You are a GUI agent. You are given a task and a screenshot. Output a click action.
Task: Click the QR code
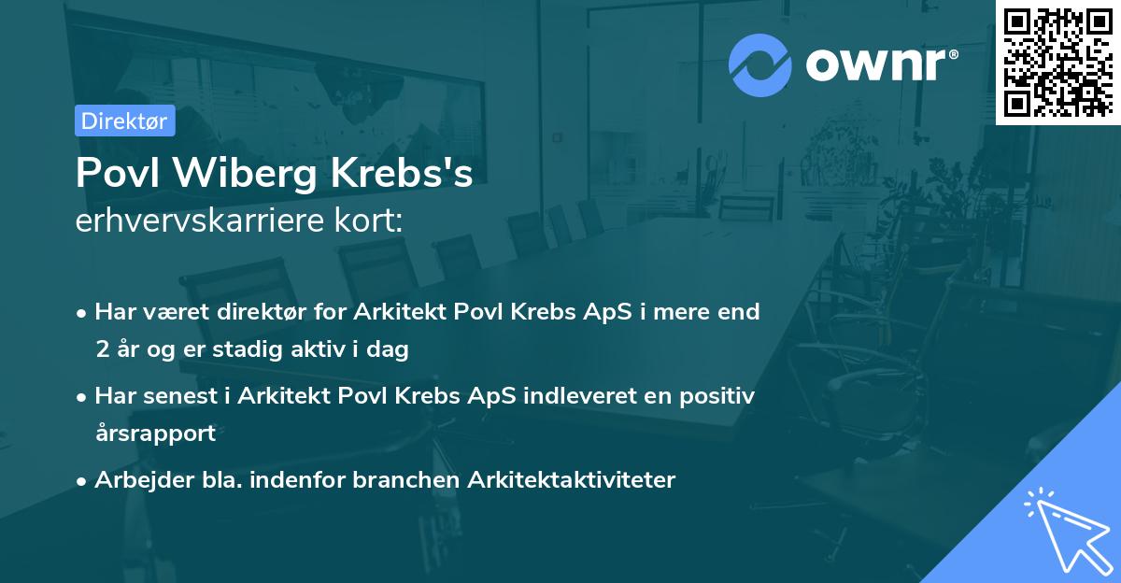[x=1057, y=62]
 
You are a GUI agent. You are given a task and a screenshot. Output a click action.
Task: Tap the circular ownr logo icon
[x=759, y=65]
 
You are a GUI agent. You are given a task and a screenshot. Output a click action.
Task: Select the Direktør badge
[x=124, y=121]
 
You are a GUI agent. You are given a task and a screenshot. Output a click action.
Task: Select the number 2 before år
[x=102, y=350]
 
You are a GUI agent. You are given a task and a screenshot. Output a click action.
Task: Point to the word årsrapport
[x=155, y=433]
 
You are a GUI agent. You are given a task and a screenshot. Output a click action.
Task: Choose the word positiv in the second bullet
[x=712, y=395]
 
